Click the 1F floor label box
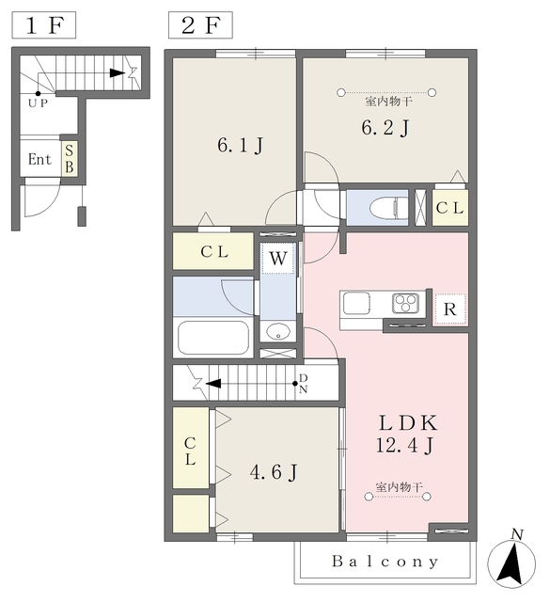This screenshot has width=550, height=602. [x=44, y=25]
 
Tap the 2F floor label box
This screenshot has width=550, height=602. [x=200, y=25]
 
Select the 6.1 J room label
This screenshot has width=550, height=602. [x=241, y=146]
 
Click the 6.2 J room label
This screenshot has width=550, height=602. [x=385, y=128]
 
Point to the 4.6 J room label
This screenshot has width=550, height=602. [x=274, y=472]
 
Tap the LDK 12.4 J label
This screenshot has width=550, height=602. [x=406, y=435]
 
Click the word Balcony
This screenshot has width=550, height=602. [x=385, y=562]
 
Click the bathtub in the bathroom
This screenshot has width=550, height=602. [x=213, y=338]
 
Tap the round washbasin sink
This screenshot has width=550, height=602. [x=278, y=331]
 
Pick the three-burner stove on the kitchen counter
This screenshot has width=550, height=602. [x=405, y=304]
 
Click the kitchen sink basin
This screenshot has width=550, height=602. [x=356, y=303]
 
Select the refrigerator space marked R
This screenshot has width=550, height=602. [x=449, y=309]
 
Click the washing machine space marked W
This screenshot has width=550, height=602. [x=278, y=259]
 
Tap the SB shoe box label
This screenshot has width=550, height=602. [x=69, y=159]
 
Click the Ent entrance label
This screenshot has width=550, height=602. [x=39, y=159]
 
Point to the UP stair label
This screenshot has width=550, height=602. [x=38, y=103]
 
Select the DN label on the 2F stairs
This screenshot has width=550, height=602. [x=304, y=384]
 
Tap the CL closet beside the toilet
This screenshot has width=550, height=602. [x=449, y=208]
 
